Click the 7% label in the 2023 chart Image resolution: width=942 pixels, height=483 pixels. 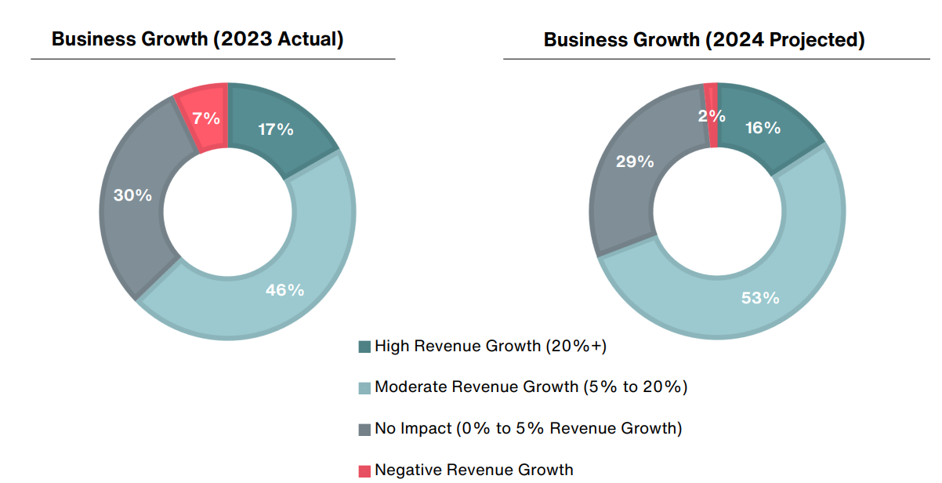tap(205, 119)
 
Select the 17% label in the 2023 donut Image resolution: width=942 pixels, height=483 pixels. tap(276, 129)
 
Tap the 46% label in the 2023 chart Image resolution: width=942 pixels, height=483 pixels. tap(284, 290)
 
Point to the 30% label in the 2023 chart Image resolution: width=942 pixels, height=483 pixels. tap(132, 195)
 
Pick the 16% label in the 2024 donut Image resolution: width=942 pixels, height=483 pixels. tap(763, 128)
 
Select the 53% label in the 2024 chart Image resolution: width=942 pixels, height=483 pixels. tap(760, 298)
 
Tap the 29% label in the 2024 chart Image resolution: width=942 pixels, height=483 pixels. tap(635, 162)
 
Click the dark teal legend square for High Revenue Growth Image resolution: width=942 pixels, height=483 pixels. tap(364, 347)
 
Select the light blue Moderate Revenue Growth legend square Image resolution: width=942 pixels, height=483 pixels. tap(364, 387)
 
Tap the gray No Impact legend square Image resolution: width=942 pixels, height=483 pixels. tap(364, 429)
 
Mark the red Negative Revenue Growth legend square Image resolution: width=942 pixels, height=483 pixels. tap(364, 470)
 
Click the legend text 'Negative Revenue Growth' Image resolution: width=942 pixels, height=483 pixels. tap(473, 470)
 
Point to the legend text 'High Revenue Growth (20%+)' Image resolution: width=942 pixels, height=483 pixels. tap(491, 346)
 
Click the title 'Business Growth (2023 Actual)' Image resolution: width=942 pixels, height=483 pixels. tap(197, 39)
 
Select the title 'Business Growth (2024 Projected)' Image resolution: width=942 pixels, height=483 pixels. tap(704, 40)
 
